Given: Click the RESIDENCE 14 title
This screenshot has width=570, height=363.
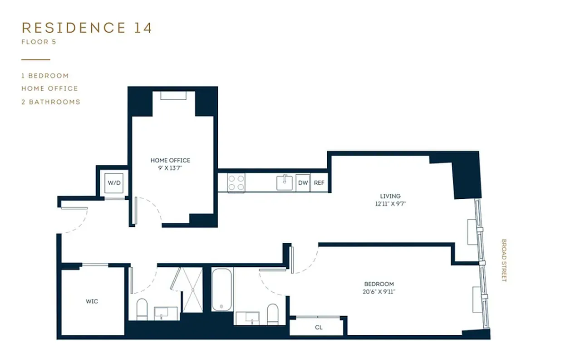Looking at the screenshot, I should (x=87, y=28).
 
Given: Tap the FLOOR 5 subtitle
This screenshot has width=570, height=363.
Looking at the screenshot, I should (x=39, y=42).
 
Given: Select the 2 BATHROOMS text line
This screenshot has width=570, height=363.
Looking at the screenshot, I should (x=51, y=102).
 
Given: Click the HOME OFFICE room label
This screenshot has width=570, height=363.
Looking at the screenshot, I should (x=170, y=161).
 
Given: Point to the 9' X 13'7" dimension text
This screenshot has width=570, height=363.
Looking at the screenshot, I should (x=170, y=168).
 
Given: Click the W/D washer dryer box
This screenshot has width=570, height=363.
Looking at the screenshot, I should (x=113, y=183).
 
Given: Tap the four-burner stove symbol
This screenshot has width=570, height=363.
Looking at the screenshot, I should (x=236, y=183).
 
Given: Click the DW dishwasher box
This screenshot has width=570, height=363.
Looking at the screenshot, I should (x=303, y=183).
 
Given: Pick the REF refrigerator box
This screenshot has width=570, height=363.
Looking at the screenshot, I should (x=319, y=183).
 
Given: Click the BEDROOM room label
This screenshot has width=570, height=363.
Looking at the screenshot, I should (x=379, y=284).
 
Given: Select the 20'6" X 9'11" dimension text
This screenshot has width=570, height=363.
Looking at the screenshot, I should (x=379, y=292).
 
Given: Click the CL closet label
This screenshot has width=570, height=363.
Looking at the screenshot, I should (x=319, y=327).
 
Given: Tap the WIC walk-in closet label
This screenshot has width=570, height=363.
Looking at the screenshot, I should (x=92, y=301).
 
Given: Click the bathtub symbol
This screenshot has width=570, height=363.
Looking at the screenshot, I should (x=222, y=289).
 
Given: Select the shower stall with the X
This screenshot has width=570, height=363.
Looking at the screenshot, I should (x=192, y=289).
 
